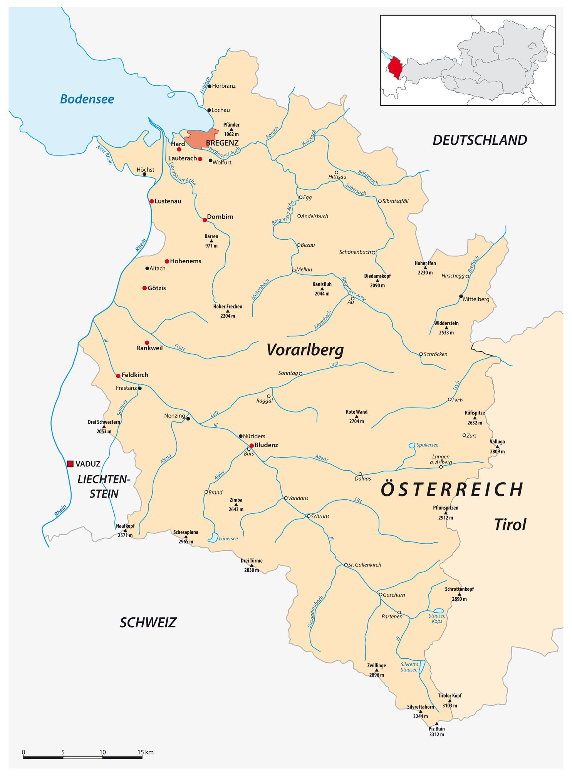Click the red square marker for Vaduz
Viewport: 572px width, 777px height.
[70, 464]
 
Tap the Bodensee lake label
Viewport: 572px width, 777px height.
[87, 99]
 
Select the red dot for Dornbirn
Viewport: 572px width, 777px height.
[205, 220]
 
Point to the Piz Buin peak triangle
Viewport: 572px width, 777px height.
[436, 724]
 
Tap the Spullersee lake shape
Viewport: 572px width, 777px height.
[412, 445]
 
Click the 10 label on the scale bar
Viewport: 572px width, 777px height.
[102, 752]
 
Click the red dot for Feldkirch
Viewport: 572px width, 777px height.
[118, 376]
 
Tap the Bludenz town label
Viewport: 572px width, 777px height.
[266, 445]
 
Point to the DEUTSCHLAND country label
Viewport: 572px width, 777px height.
[480, 140]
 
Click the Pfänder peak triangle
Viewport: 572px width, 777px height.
[231, 129]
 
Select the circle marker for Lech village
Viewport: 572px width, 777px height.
[450, 399]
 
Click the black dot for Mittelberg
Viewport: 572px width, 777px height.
[461, 296]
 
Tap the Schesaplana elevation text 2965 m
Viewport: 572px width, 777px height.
[186, 541]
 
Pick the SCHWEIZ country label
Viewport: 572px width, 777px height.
[148, 622]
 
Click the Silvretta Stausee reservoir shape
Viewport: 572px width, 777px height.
[422, 667]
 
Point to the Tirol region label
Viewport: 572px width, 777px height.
[510, 525]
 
